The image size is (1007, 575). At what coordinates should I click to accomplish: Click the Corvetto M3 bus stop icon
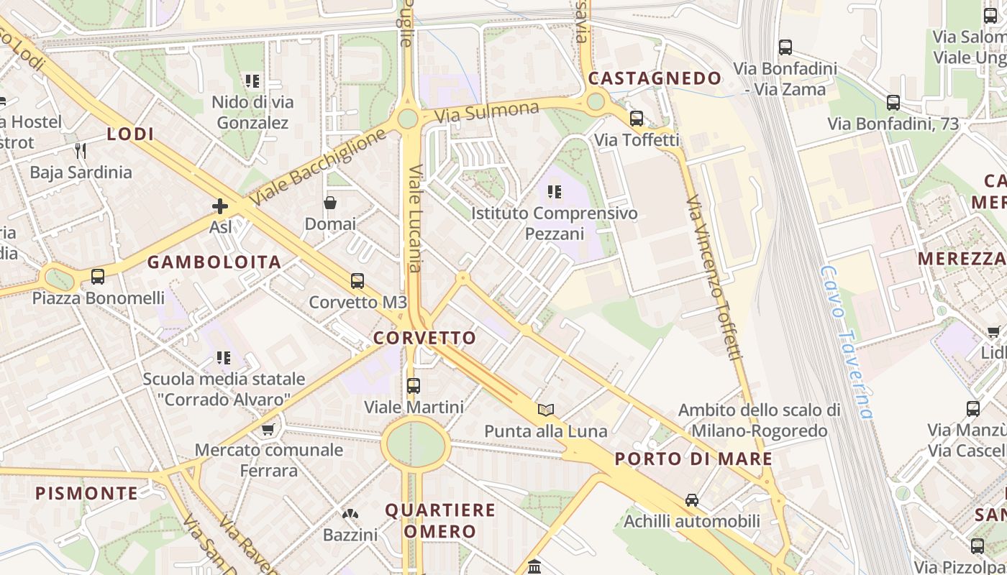pos(357,280)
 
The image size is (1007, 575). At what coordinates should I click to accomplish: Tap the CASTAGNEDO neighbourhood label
pos(655,78)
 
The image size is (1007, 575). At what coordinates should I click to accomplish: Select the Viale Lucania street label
pos(416,218)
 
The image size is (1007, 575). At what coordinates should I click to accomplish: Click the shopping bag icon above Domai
pos(330,203)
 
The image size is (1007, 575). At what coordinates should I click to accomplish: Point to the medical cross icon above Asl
pos(220,206)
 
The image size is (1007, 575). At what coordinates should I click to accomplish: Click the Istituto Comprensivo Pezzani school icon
pos(554,191)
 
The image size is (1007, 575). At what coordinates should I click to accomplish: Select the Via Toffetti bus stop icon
pos(637,118)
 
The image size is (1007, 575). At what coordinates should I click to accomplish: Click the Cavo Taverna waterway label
pos(847,343)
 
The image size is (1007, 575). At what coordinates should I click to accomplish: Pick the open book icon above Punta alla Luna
pos(546,410)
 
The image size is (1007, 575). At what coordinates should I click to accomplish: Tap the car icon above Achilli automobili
pos(691,500)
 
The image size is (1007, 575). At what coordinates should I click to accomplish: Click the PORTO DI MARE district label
pos(693,459)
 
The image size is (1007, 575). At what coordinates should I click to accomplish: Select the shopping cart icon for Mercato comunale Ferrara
pos(268,429)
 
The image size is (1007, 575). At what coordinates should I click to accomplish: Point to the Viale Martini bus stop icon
pos(414,386)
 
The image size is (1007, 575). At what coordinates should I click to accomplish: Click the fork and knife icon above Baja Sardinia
pos(81,150)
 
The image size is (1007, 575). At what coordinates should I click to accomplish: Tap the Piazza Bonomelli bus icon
pos(97,276)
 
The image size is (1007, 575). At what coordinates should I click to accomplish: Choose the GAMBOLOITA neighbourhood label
pos(214,262)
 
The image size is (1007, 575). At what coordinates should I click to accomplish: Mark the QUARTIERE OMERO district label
pos(440,521)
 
